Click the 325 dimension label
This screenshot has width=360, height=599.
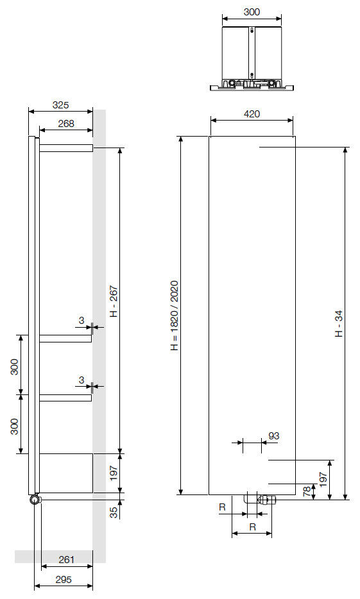(x=60, y=105)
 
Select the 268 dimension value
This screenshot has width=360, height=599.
(x=66, y=123)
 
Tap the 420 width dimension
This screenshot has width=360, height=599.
(x=252, y=114)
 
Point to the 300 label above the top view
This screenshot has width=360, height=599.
(x=252, y=12)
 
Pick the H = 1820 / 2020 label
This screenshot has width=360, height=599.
(x=175, y=316)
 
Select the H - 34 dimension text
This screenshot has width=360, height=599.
(x=339, y=323)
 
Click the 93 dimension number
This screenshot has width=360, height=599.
(x=273, y=436)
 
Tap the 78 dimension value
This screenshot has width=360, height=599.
(x=307, y=491)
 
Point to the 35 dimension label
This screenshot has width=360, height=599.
(x=114, y=512)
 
